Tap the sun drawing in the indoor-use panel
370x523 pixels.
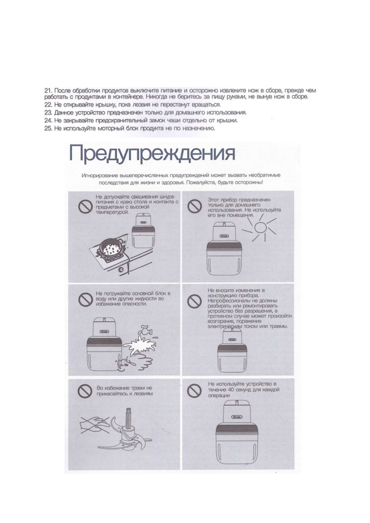tap(260, 228)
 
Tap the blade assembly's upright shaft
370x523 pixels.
tap(129, 418)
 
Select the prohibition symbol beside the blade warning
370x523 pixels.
tap(84, 391)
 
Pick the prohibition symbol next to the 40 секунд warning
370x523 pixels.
tap(195, 391)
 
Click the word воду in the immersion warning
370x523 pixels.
tap(101, 298)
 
